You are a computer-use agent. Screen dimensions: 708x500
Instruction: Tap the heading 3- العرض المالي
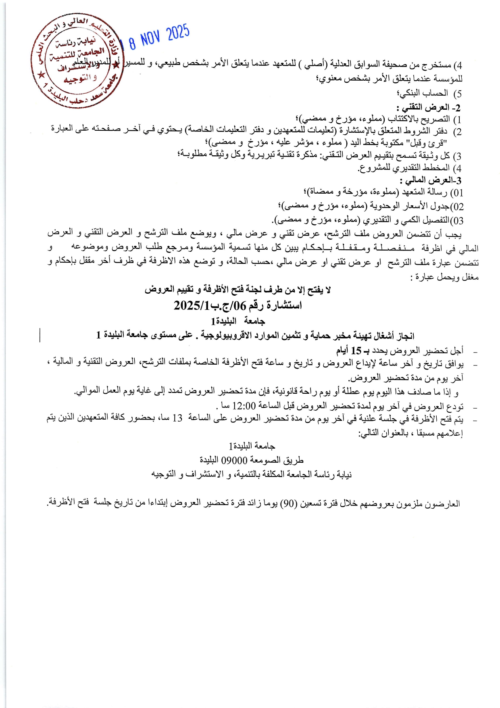[x=430, y=180]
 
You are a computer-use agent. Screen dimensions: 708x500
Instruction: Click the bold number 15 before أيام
[x=356, y=351]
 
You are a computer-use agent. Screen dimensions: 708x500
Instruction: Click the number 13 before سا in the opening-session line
[x=177, y=418]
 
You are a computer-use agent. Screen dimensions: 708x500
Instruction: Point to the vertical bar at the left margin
[x=40, y=336]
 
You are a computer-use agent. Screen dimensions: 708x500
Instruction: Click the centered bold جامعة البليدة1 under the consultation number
[x=238, y=321]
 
